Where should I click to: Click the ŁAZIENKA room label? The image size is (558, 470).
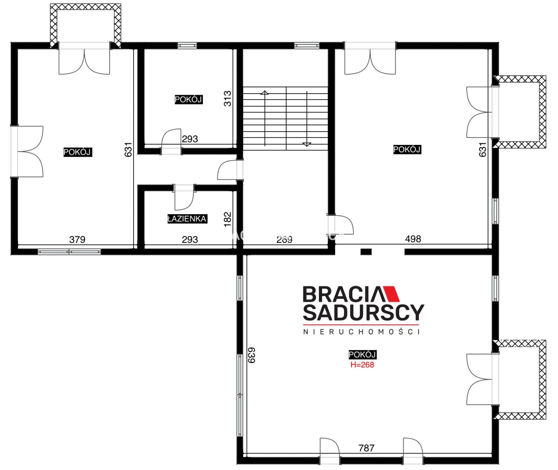pos(187,219)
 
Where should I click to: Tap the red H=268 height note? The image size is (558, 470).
pos(362,365)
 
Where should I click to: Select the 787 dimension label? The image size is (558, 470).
pos(366,448)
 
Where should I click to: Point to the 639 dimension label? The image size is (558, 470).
pos(251,355)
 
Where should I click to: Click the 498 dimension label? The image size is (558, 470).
pos(413,239)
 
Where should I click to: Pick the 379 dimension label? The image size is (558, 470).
pos(77,239)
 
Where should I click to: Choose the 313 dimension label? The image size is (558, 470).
pos(228,99)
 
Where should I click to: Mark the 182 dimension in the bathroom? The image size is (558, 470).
pos(228,219)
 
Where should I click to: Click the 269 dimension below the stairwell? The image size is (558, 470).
pos(284,239)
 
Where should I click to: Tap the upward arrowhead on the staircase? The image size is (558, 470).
pos(265,92)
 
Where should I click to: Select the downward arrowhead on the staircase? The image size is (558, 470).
pos(307,145)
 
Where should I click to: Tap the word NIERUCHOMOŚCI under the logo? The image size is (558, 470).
pos(361,332)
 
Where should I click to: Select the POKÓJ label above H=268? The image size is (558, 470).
pos(362,354)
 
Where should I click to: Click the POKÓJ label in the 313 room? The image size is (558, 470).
pos(188,99)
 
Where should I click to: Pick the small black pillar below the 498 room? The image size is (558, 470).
pos(366,251)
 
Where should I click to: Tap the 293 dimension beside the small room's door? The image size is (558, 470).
pos(190,139)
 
